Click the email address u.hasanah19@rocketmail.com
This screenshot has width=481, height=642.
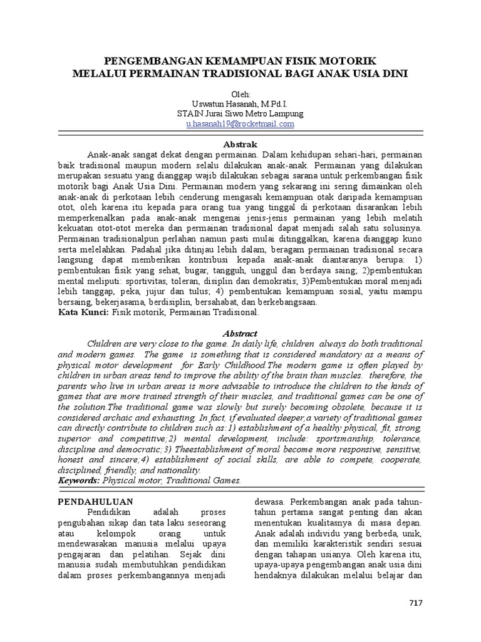click(x=240, y=124)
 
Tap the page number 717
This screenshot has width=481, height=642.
click(x=416, y=603)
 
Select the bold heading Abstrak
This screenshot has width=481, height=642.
click(x=240, y=144)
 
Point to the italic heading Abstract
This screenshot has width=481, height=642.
click(x=240, y=334)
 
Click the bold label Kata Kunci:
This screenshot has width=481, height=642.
click(x=83, y=312)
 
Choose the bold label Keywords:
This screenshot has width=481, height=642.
click(x=79, y=480)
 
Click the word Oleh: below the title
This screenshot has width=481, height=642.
click(x=240, y=94)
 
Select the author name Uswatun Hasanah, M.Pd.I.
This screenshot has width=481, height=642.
click(x=240, y=104)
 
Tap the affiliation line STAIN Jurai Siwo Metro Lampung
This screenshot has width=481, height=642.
click(x=240, y=114)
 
